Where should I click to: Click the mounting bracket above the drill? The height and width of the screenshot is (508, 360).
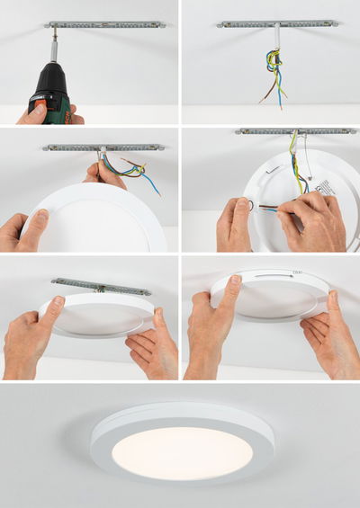(103, 24)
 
